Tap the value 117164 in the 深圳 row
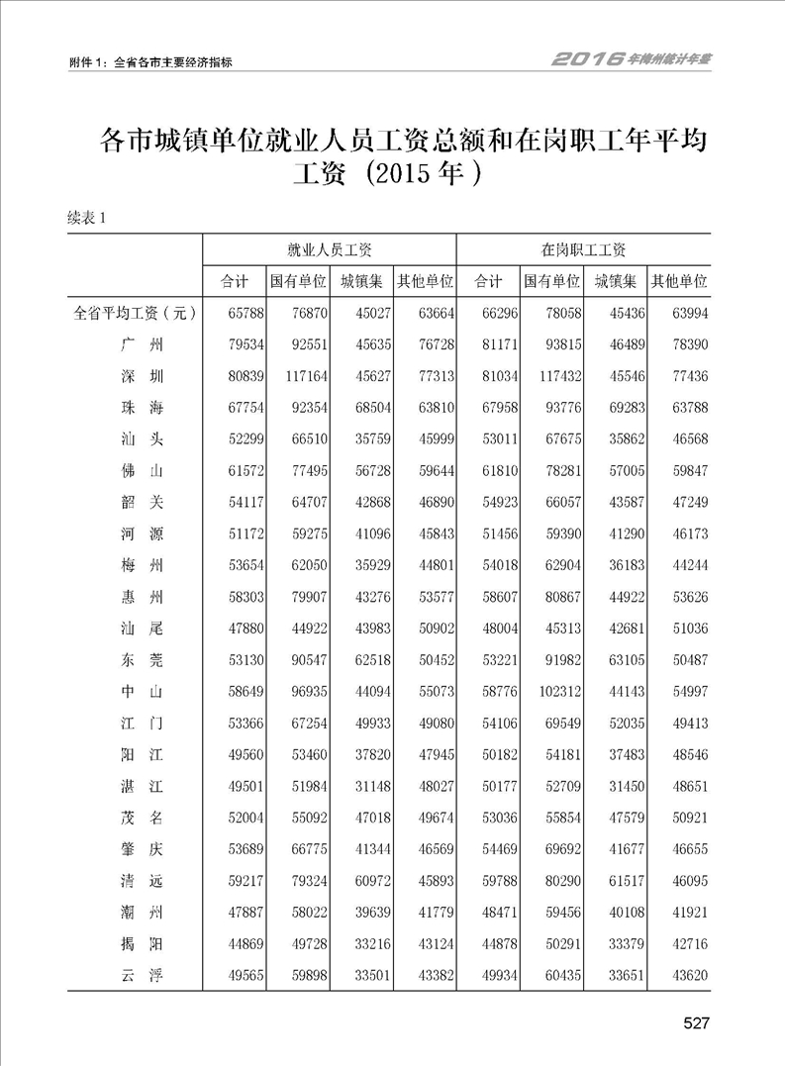[x=298, y=377]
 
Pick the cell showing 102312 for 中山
[x=551, y=692]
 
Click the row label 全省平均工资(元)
[x=135, y=314]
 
